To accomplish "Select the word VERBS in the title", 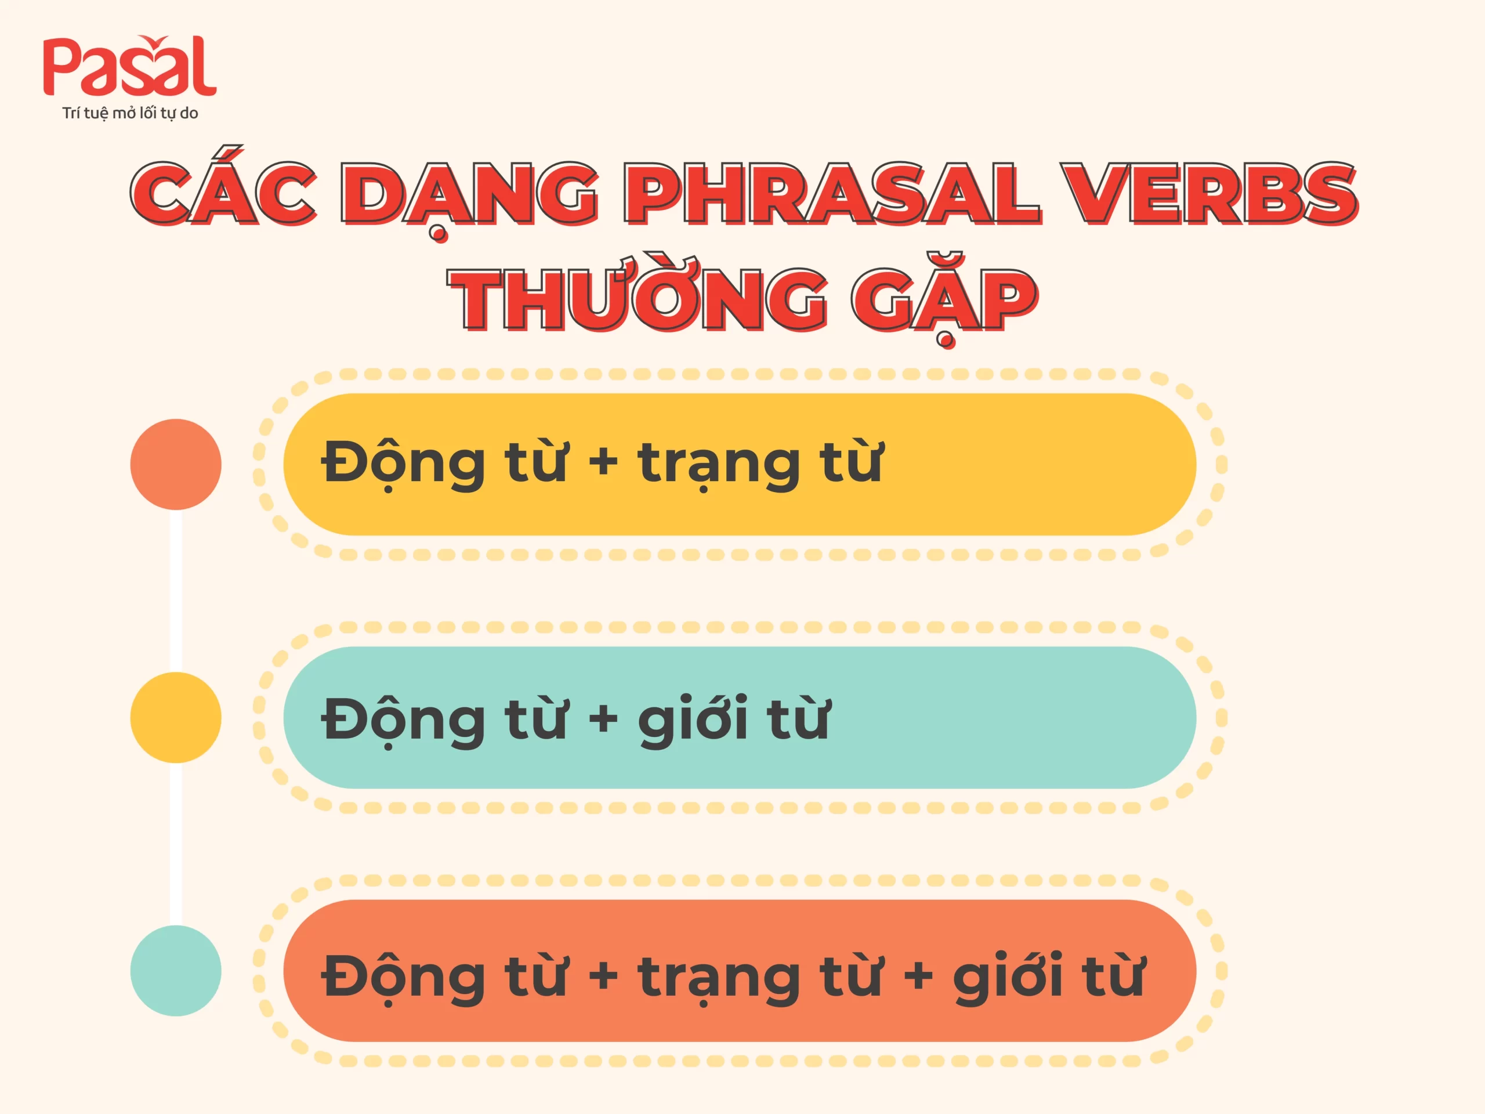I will click(x=1212, y=193).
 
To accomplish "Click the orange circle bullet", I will click(x=176, y=464).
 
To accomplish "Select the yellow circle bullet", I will click(x=176, y=717).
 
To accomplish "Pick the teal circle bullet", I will click(x=176, y=970).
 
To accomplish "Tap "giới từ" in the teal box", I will click(x=734, y=718).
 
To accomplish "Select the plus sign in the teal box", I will click(x=603, y=718).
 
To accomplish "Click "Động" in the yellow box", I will click(x=403, y=464).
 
